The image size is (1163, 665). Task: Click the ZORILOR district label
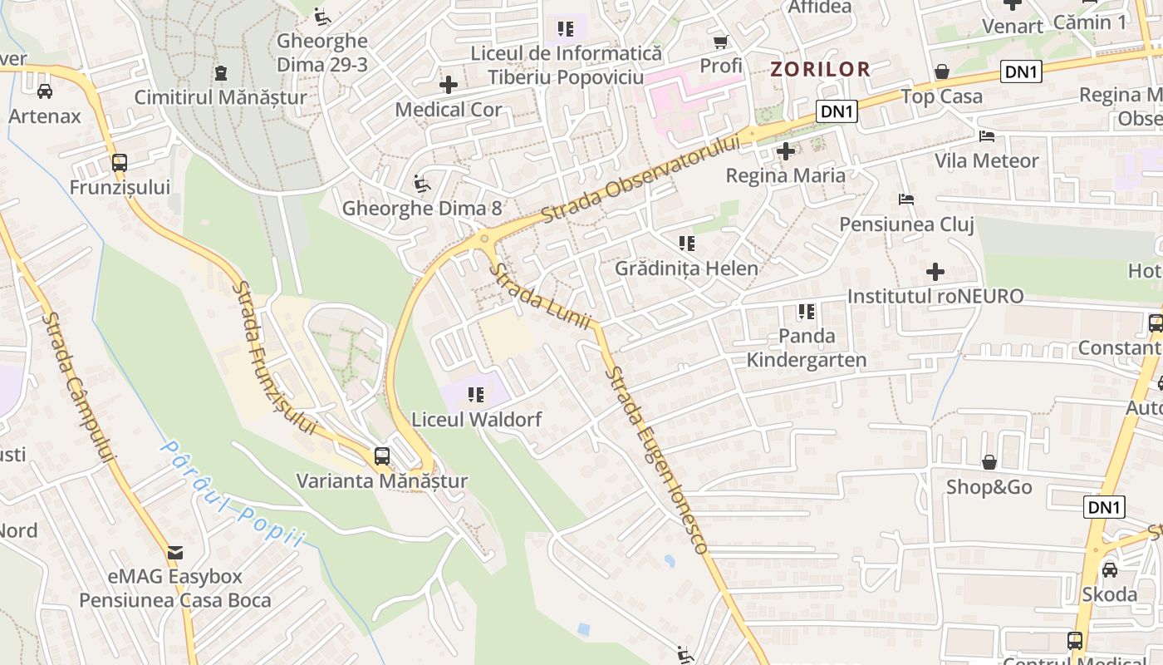(820, 69)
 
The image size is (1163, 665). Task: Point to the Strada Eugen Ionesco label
(655, 461)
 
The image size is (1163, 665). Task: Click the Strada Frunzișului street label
(274, 357)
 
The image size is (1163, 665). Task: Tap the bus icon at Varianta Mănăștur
(381, 456)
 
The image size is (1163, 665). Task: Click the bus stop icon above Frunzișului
(120, 163)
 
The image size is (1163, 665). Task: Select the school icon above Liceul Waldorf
(476, 394)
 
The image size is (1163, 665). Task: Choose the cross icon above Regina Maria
(785, 151)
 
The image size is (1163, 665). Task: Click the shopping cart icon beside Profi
(720, 42)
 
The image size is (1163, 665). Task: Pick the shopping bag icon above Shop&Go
(989, 462)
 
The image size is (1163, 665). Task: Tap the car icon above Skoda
(1109, 569)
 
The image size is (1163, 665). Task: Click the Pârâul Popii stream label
(232, 495)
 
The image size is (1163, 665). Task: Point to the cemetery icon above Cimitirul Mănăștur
(220, 73)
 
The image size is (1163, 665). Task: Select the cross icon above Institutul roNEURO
(935, 272)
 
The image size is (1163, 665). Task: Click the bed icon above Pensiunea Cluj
(905, 199)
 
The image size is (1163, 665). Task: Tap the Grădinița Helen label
(686, 268)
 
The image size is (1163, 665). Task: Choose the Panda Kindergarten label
(807, 348)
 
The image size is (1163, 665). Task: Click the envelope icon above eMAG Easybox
(175, 553)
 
